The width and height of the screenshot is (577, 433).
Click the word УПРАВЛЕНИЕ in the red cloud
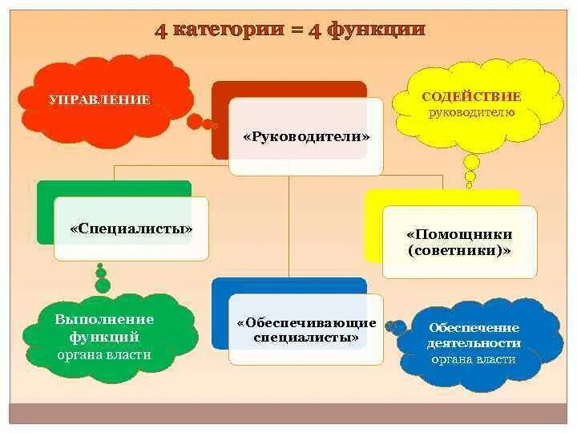(99, 100)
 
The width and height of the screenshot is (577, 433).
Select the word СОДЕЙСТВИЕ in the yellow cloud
(471, 97)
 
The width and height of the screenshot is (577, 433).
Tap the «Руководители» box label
(306, 136)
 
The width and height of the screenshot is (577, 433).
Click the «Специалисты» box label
(132, 229)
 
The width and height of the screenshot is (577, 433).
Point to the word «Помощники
(459, 234)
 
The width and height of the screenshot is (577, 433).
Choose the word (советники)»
(459, 250)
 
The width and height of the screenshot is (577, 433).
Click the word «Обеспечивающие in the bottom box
(306, 322)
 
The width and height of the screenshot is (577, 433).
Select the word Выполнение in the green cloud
(104, 319)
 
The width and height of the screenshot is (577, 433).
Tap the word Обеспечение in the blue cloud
(474, 327)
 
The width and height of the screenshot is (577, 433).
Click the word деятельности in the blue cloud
(474, 343)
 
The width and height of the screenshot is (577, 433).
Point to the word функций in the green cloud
(104, 337)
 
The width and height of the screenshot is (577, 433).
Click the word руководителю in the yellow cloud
(471, 112)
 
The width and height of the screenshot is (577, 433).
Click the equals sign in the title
(300, 30)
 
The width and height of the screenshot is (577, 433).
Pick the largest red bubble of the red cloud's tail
(195, 121)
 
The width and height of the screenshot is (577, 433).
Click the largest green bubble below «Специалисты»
(103, 285)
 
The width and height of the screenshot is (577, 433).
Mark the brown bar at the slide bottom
(288, 413)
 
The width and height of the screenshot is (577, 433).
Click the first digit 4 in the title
(161, 30)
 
